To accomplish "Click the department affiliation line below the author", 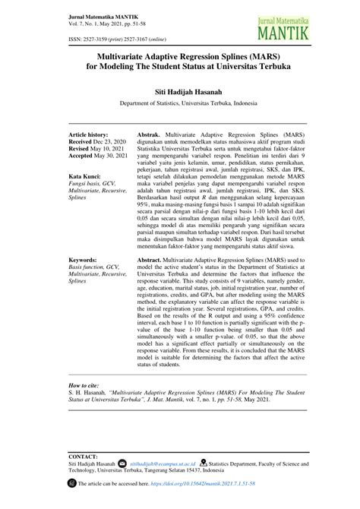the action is coord(180,102).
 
